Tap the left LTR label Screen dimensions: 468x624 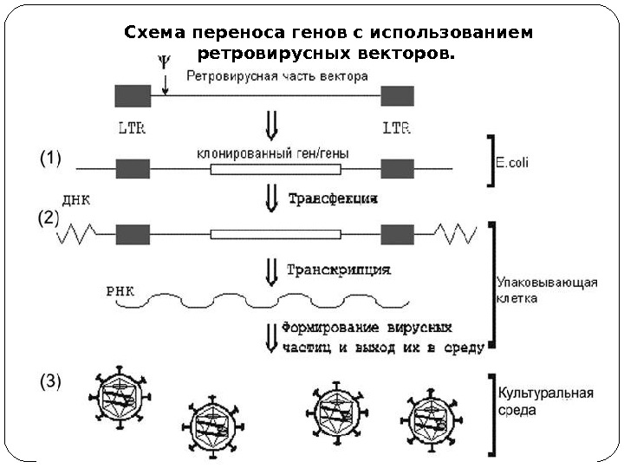(132, 127)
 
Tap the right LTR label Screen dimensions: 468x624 (397, 127)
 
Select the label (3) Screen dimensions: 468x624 (51, 380)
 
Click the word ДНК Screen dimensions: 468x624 (78, 199)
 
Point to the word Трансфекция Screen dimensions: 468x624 (333, 198)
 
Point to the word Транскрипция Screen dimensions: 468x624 (338, 270)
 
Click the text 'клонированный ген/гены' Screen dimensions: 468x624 (273, 153)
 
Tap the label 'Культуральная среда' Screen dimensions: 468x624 (544, 400)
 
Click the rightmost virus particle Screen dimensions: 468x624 (431, 419)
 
